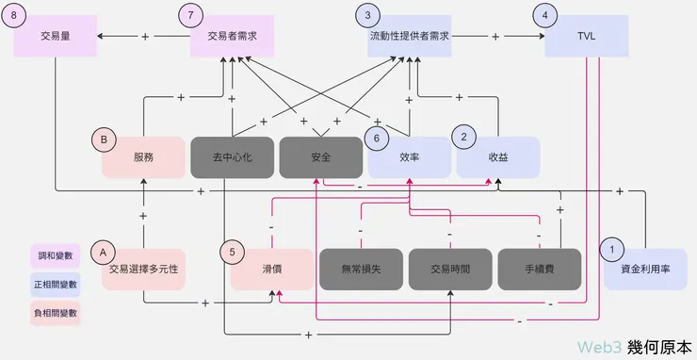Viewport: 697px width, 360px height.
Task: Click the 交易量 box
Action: pyautogui.click(x=55, y=36)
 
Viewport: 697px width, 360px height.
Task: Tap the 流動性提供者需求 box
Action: pyautogui.click(x=408, y=36)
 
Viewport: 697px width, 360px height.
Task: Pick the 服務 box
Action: pyautogui.click(x=143, y=157)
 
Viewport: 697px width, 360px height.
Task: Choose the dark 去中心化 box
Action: pyautogui.click(x=232, y=157)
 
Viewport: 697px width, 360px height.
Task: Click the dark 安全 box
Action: pyautogui.click(x=320, y=157)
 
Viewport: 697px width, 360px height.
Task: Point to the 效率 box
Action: pyautogui.click(x=409, y=157)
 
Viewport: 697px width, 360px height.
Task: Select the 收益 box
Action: pyautogui.click(x=498, y=157)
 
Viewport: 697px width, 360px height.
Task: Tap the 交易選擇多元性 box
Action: pyautogui.click(x=143, y=269)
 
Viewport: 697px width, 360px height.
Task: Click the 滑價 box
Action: pyautogui.click(x=273, y=269)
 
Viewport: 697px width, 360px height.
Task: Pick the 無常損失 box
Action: pyautogui.click(x=362, y=269)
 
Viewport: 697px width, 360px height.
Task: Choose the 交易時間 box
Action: pyautogui.click(x=450, y=269)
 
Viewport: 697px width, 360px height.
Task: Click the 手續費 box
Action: pyautogui.click(x=539, y=269)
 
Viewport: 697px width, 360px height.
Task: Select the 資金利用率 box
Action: pyautogui.click(x=646, y=269)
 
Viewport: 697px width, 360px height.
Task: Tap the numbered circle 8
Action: pyautogui.click(x=14, y=16)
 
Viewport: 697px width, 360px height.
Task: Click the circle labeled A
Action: pyautogui.click(x=102, y=252)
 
